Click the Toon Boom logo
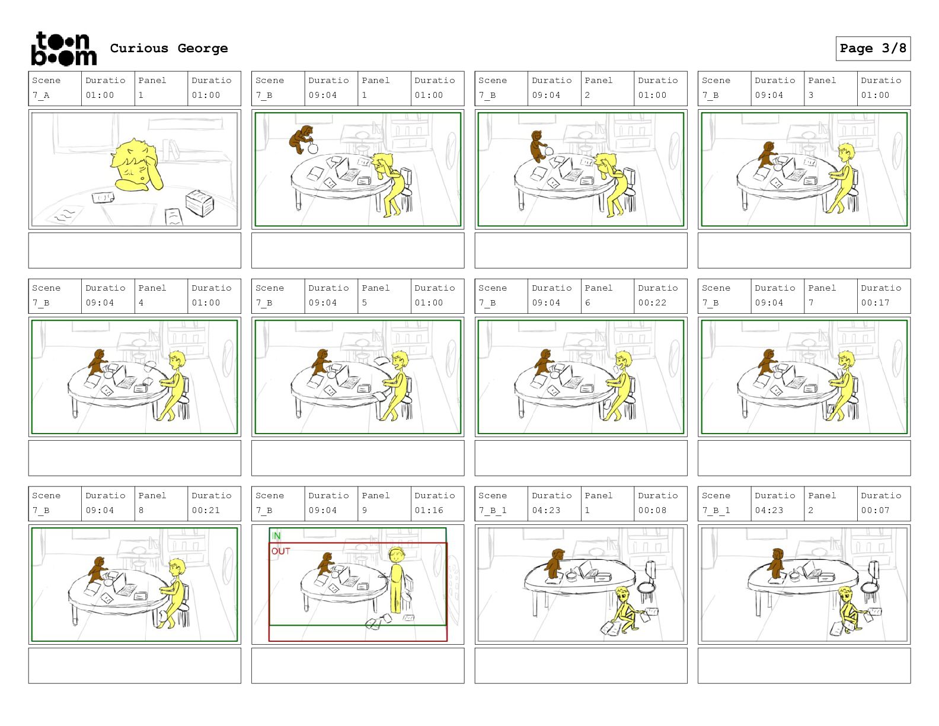(x=64, y=49)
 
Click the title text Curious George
(x=169, y=48)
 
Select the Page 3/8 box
(x=873, y=49)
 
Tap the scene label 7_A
(x=41, y=95)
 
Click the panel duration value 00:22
(x=652, y=302)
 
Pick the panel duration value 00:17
(x=875, y=302)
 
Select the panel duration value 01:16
(x=429, y=510)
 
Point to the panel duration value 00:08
(x=652, y=510)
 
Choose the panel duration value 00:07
(x=875, y=510)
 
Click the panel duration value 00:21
(x=206, y=510)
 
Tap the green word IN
(x=276, y=536)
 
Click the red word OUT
(x=280, y=551)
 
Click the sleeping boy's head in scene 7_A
(x=135, y=162)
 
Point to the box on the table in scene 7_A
(x=199, y=202)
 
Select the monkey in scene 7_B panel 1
(x=301, y=139)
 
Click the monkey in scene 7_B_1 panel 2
(x=777, y=563)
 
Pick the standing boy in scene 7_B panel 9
(x=396, y=580)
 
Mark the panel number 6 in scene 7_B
(x=587, y=302)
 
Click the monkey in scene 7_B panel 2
(x=537, y=146)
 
